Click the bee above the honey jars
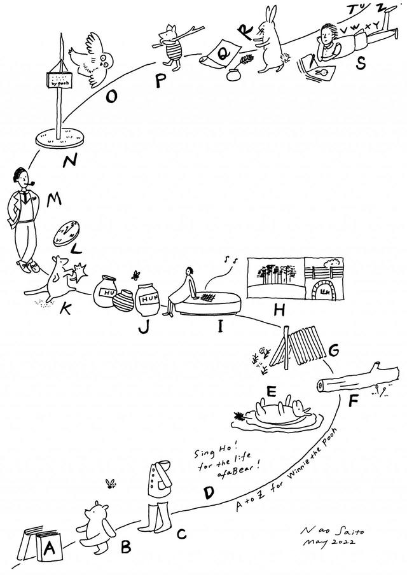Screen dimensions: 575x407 pos(136,275)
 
